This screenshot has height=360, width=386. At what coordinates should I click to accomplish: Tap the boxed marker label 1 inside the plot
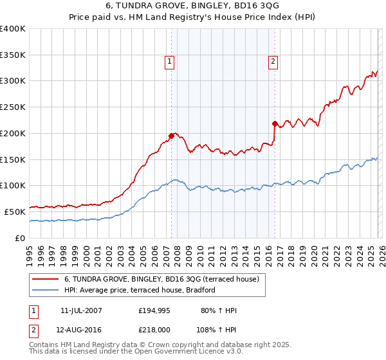(x=169, y=62)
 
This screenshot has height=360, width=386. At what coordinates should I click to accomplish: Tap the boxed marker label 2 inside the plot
(x=273, y=62)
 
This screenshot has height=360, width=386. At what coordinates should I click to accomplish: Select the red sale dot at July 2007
(x=171, y=136)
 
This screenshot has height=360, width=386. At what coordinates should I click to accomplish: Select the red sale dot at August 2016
(x=275, y=123)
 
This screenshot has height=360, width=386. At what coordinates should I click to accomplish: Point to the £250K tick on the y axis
(x=13, y=107)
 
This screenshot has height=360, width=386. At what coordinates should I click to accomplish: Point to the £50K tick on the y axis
(x=15, y=212)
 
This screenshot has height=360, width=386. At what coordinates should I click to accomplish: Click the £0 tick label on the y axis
(x=21, y=238)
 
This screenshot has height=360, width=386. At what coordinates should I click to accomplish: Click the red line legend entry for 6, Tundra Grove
(x=161, y=279)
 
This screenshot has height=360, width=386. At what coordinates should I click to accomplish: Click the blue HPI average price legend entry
(x=139, y=291)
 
